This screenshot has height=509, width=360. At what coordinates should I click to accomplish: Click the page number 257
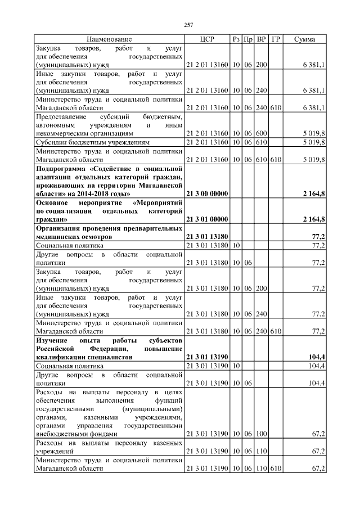189,25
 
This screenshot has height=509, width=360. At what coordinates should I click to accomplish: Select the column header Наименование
109,39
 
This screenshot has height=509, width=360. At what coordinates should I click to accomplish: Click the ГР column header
276,39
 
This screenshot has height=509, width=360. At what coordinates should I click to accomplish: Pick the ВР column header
261,39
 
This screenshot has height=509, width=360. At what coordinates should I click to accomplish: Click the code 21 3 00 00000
207,193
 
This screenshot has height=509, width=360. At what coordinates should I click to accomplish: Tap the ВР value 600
261,133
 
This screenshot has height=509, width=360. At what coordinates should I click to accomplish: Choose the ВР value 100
261,434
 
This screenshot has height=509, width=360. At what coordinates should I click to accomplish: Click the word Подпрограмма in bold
62,168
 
